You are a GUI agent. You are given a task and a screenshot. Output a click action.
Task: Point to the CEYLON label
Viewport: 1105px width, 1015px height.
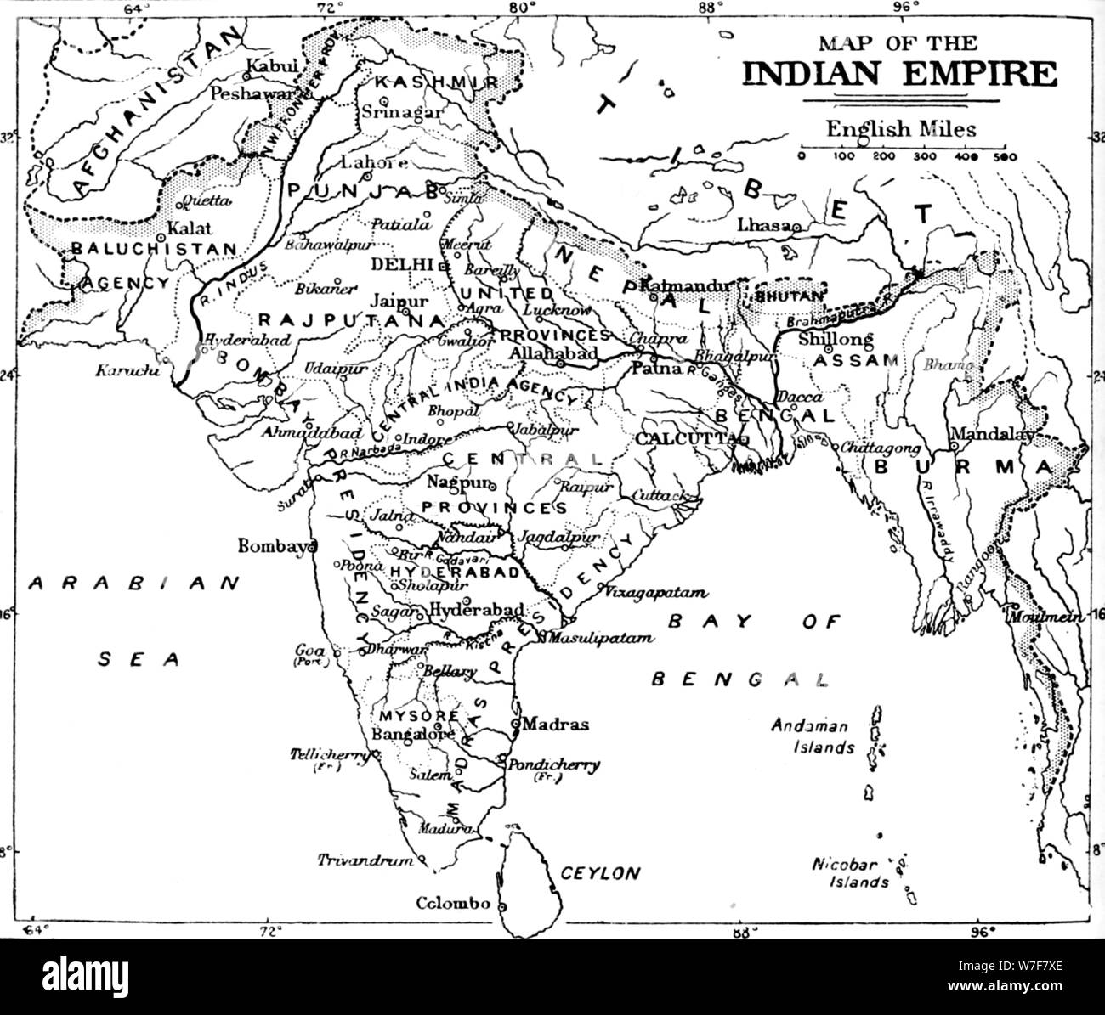click(x=599, y=872)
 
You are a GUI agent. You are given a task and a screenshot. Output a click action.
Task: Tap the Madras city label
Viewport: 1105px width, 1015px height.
click(x=555, y=725)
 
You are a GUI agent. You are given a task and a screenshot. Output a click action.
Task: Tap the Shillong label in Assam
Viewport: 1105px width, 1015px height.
click(x=836, y=339)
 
